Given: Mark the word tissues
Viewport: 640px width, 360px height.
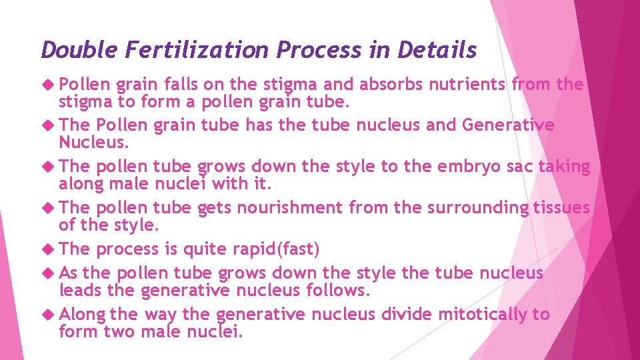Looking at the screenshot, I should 562,208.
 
